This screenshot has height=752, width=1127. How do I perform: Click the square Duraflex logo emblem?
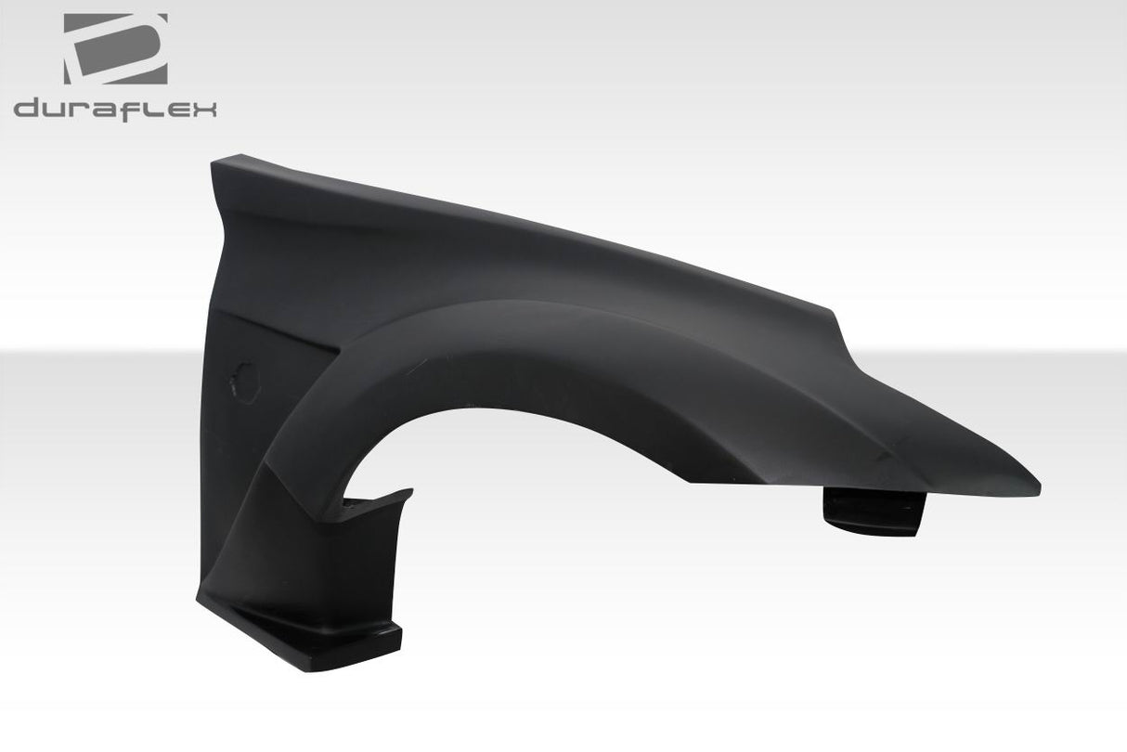tap(115, 49)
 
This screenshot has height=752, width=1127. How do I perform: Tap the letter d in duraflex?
tap(29, 109)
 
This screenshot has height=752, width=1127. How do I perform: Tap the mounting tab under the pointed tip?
tap(874, 512)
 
